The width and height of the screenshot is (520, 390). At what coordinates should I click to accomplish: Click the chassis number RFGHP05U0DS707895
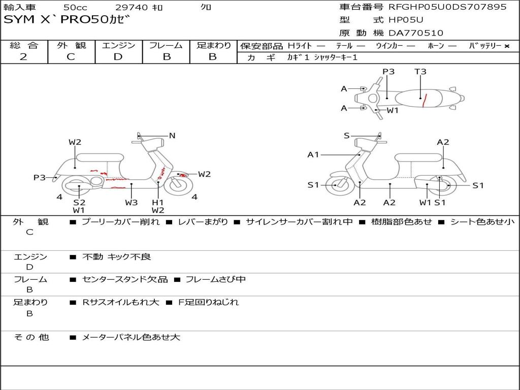[x=447, y=7]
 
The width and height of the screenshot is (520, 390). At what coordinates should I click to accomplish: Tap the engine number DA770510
[x=415, y=33]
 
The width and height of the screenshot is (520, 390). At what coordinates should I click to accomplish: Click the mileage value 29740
[x=132, y=7]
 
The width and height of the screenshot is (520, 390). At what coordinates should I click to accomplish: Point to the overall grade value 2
[x=24, y=57]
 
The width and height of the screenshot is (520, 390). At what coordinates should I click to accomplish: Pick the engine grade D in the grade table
[x=118, y=57]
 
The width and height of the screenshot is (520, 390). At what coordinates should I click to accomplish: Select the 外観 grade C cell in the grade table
[x=71, y=57]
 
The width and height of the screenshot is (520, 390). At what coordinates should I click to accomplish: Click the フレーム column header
[x=166, y=46]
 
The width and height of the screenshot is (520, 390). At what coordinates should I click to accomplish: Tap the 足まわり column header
[x=213, y=46]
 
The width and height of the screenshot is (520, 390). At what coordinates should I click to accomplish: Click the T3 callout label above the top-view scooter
[x=420, y=72]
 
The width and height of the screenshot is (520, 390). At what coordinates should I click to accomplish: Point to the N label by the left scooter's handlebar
[x=172, y=136]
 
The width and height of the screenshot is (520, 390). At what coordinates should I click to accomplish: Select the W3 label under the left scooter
[x=132, y=203]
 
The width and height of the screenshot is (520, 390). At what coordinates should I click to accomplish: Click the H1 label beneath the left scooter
[x=158, y=203]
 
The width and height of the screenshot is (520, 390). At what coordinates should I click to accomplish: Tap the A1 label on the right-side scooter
[x=313, y=154]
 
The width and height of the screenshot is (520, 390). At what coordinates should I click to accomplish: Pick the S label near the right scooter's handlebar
[x=347, y=136]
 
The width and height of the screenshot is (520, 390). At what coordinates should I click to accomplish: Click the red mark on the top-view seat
[x=424, y=101]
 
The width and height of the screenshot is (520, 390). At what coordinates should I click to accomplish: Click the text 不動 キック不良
[x=116, y=257]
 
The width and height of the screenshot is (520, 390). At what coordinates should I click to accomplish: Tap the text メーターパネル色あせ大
[x=131, y=337]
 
